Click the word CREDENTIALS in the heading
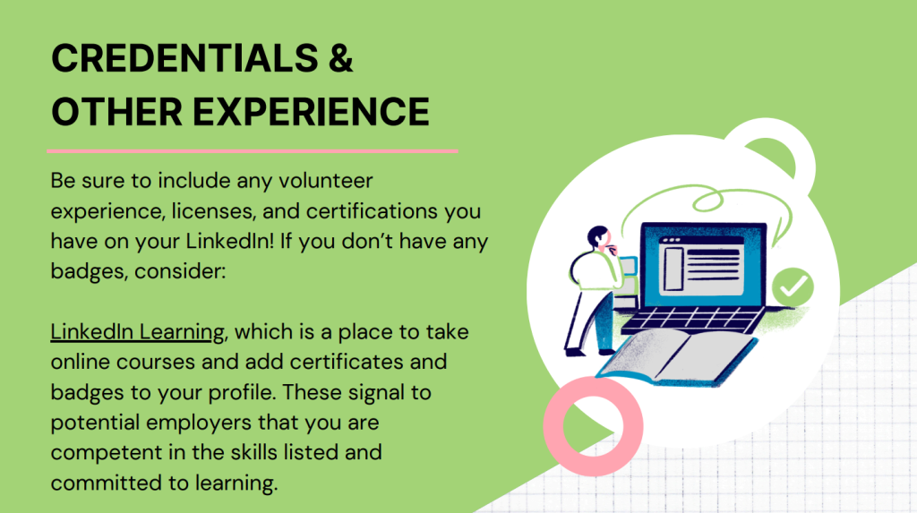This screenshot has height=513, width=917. click(184, 58)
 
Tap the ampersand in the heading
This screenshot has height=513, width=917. click(341, 58)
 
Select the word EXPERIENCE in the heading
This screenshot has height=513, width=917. click(311, 112)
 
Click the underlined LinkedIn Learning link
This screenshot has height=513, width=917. click(137, 331)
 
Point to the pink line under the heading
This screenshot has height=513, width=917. click(252, 151)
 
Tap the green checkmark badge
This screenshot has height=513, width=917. click(793, 286)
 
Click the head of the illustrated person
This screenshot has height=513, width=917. click(598, 237)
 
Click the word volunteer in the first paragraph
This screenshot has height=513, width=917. click(325, 181)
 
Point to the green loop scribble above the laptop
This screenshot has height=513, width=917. click(707, 201)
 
